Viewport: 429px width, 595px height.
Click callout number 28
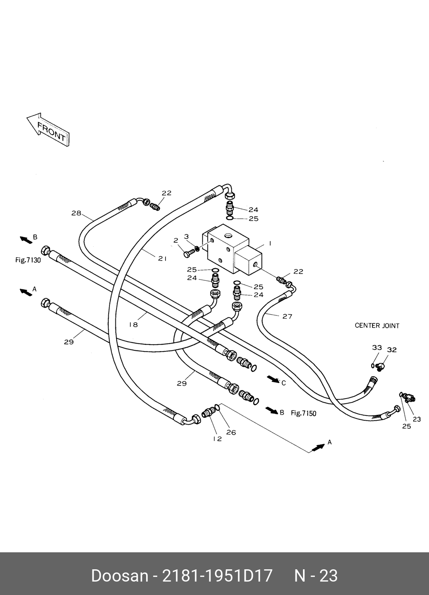(x=76, y=213)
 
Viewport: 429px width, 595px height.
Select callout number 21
(x=162, y=259)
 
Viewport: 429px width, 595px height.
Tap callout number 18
(x=134, y=325)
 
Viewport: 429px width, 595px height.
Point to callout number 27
(x=287, y=316)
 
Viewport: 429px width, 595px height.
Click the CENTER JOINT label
(x=377, y=326)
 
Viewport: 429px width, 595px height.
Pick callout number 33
(x=377, y=348)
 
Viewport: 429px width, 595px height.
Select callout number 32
(x=391, y=350)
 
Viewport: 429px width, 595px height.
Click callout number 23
(x=417, y=419)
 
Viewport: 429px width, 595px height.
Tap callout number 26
(x=231, y=433)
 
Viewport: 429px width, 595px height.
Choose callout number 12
(x=217, y=439)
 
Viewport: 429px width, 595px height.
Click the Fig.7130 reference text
(x=28, y=260)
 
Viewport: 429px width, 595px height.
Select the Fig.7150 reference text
(x=303, y=414)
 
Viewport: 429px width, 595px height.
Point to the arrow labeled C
(x=273, y=380)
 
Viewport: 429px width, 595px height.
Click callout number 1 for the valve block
(x=270, y=244)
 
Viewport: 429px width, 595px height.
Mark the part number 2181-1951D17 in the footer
(x=218, y=576)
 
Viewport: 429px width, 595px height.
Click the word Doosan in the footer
(x=119, y=576)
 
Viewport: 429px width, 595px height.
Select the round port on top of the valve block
(x=229, y=236)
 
